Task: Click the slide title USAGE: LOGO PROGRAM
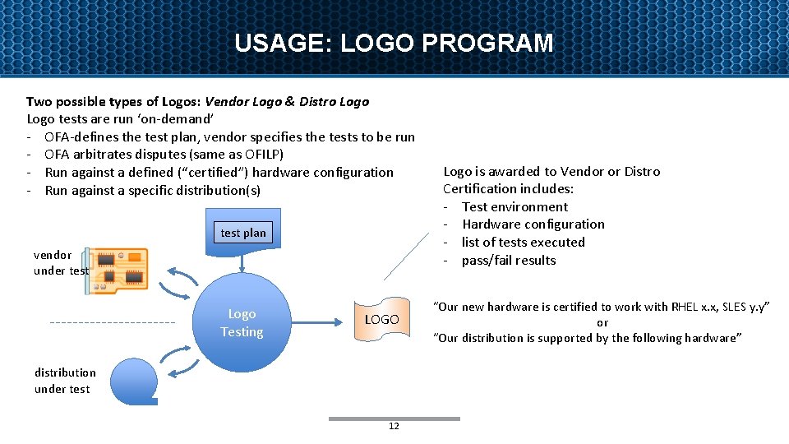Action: [394, 43]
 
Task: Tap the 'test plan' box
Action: [243, 233]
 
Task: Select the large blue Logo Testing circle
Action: [242, 323]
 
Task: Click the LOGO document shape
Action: [381, 319]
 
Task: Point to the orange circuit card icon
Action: [120, 269]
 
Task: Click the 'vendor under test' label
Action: [60, 262]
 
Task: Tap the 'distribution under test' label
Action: [65, 381]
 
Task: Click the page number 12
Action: [394, 426]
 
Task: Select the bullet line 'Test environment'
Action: [514, 206]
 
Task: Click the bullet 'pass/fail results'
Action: [509, 260]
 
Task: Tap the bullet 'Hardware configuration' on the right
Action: [533, 224]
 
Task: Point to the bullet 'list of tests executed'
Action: [523, 242]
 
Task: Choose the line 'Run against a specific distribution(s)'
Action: [153, 191]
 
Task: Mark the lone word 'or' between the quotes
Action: [602, 322]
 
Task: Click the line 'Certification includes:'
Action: [508, 189]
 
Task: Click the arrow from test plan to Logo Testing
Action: [243, 259]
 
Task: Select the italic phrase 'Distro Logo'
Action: [335, 102]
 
